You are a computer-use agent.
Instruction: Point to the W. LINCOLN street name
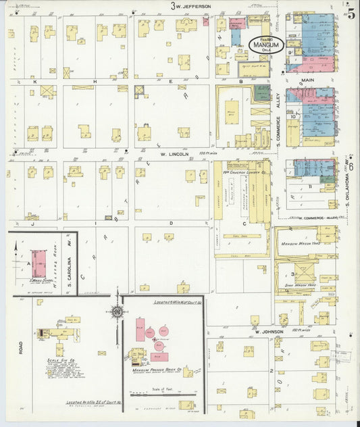[173, 154]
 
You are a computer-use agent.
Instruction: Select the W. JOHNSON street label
[268, 332]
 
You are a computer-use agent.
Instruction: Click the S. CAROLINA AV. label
[69, 263]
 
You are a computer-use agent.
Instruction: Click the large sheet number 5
[351, 11]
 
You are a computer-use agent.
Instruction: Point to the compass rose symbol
[118, 312]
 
